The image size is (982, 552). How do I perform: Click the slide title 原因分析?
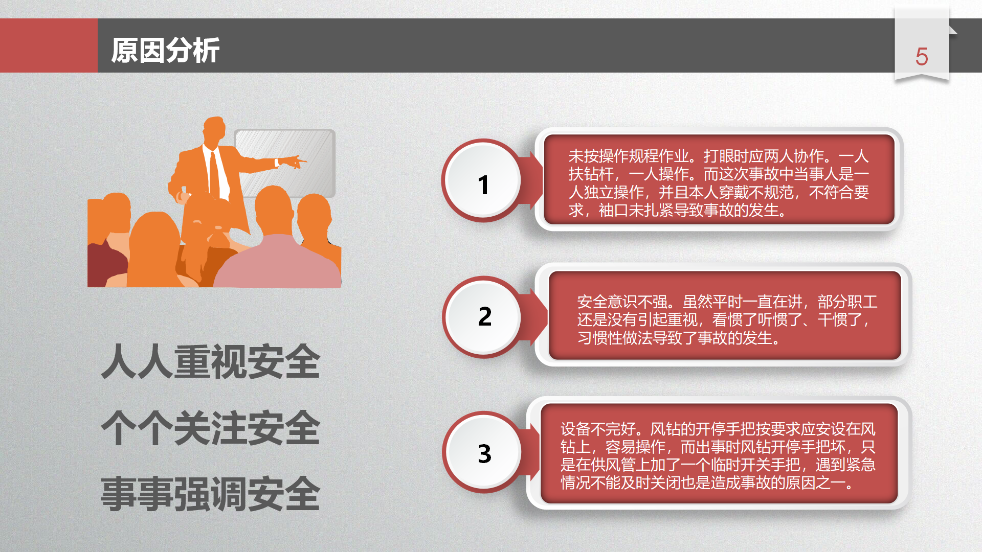pos(165,50)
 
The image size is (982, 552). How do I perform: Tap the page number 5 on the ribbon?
pos(922,57)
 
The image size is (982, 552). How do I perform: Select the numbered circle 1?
pos(482,180)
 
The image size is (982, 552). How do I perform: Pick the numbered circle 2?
pos(483,317)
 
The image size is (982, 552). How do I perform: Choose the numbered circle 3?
pos(483,453)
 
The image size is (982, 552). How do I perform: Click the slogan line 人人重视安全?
pos(211,361)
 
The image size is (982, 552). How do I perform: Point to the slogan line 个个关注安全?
pos(211,428)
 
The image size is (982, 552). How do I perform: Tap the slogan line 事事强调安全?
pos(211,494)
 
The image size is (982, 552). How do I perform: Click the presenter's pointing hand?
pos(294,162)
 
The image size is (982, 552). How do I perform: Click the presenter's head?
pos(214,131)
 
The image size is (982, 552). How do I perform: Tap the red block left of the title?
pos(49,45)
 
